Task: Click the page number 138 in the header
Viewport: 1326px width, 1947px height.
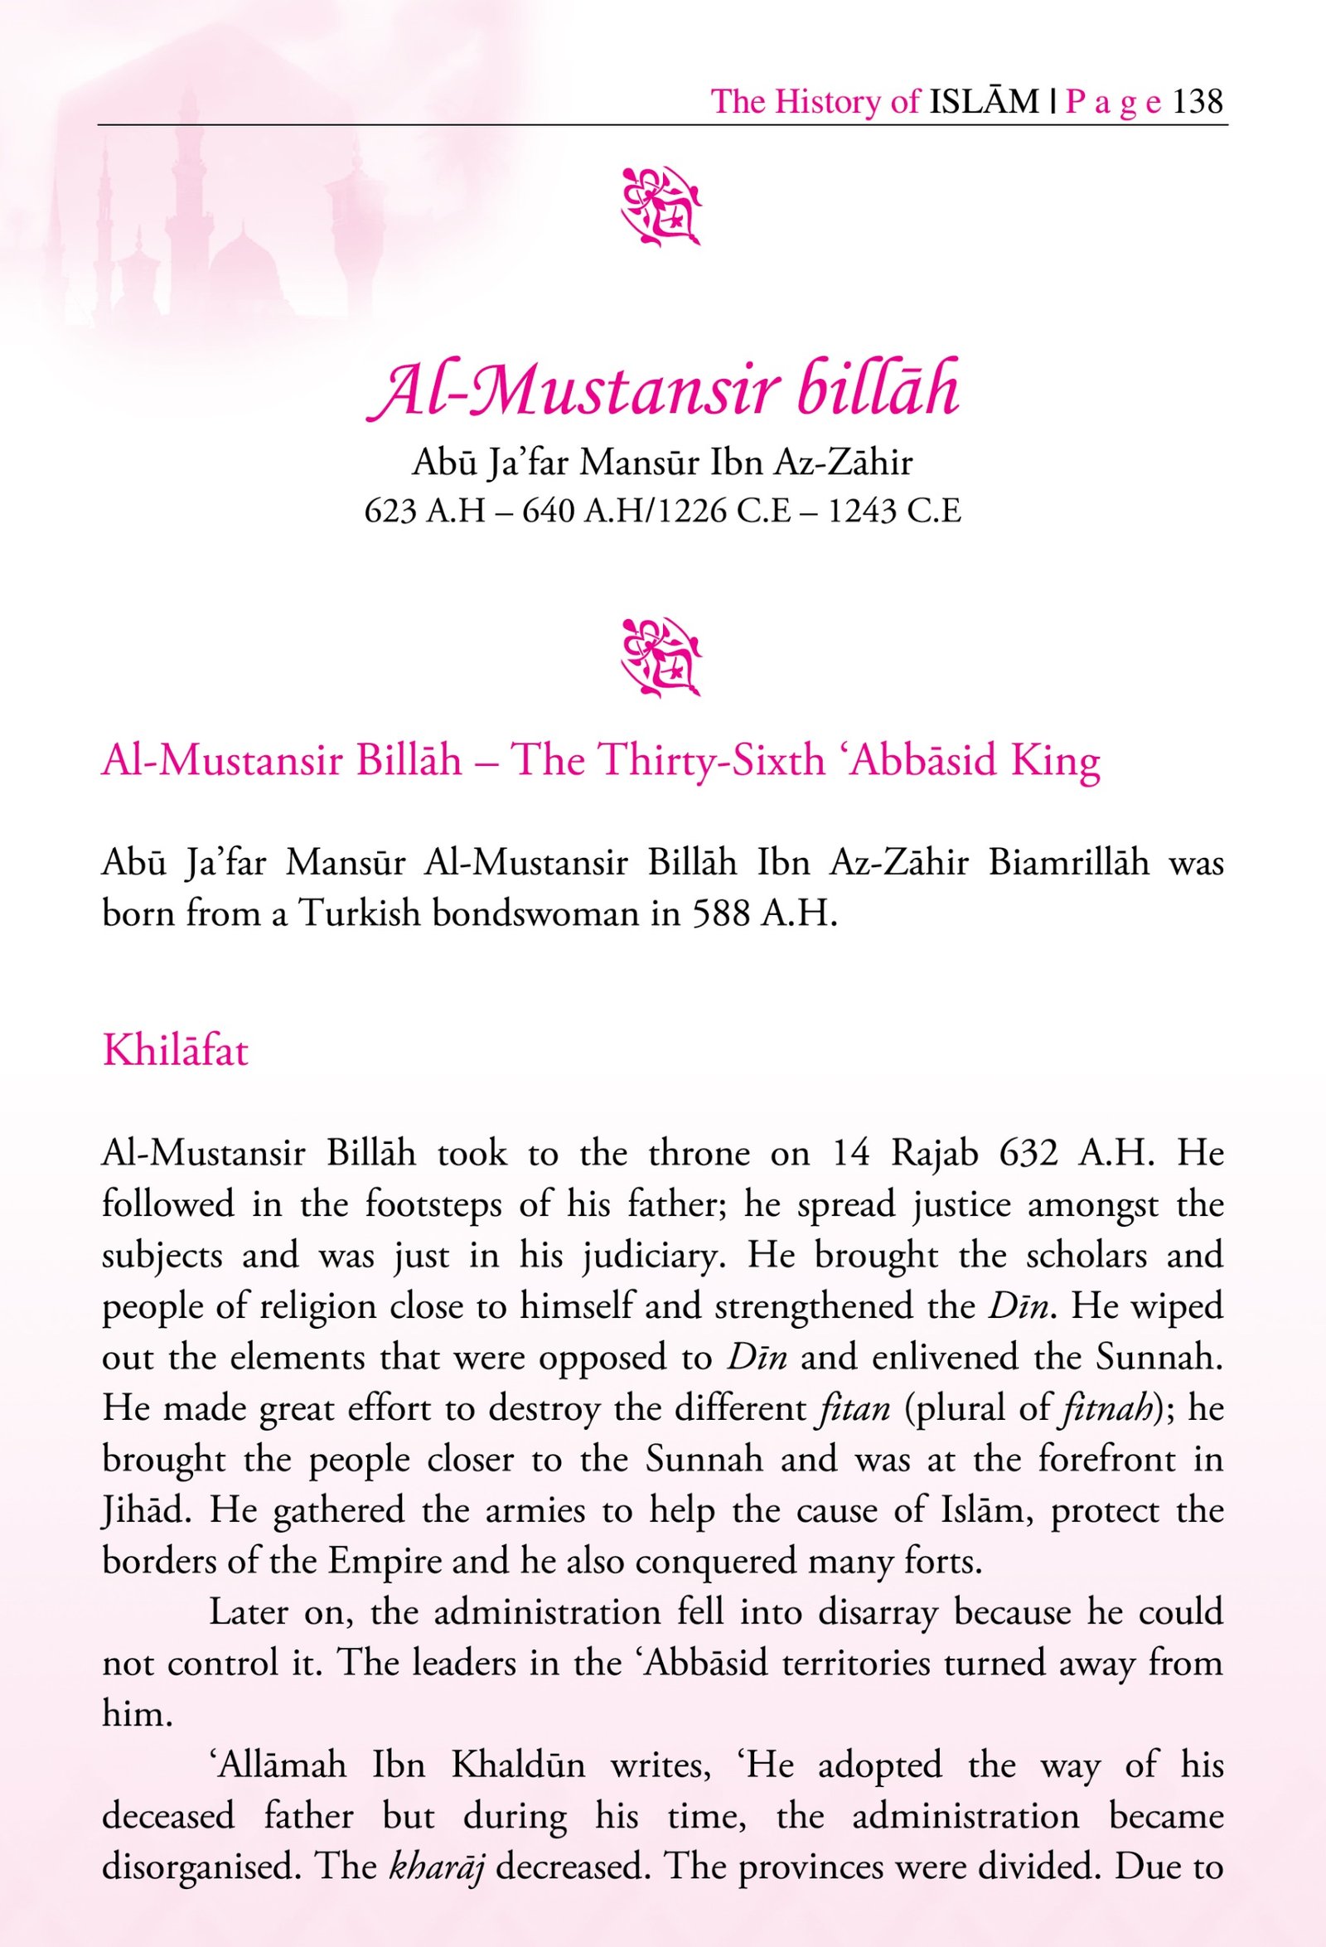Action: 1198,101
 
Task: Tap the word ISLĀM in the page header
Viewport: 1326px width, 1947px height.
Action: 984,101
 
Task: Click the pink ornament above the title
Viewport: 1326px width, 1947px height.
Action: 661,206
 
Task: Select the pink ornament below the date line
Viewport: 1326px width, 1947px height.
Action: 661,657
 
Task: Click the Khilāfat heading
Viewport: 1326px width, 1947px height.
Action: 175,1050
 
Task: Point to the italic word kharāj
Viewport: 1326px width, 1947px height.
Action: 438,1867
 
